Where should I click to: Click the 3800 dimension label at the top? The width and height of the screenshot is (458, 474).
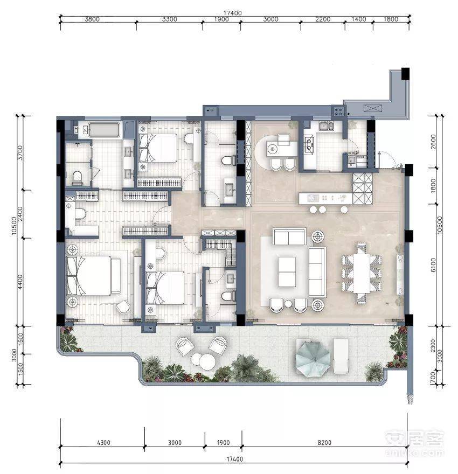point(92,19)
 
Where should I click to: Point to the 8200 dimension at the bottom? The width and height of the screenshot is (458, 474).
point(324,443)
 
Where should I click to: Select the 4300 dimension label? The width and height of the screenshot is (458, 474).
point(103,443)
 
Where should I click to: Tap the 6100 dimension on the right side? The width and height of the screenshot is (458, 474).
point(433,265)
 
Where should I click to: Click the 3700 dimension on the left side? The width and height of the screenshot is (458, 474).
point(20,153)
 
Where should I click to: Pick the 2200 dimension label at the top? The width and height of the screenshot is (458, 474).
point(323,19)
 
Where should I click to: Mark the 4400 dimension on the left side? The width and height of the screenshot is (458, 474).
point(20,282)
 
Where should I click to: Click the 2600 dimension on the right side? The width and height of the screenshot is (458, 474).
point(433,142)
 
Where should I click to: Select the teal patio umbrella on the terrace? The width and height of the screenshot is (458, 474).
point(313,359)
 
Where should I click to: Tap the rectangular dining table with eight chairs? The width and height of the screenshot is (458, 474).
point(362,273)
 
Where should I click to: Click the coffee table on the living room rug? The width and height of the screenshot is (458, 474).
point(287,272)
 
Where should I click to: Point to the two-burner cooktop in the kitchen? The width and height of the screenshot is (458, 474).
point(309,144)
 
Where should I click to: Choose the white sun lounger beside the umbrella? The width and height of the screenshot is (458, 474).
point(341,356)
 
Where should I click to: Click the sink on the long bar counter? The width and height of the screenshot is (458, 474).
point(311,198)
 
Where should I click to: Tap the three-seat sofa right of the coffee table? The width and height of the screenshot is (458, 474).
point(317,272)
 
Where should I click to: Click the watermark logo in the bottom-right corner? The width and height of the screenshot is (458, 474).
point(415,443)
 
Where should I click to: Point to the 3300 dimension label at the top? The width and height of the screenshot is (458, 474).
point(169,19)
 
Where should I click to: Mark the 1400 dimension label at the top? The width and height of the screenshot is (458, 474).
point(359,19)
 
